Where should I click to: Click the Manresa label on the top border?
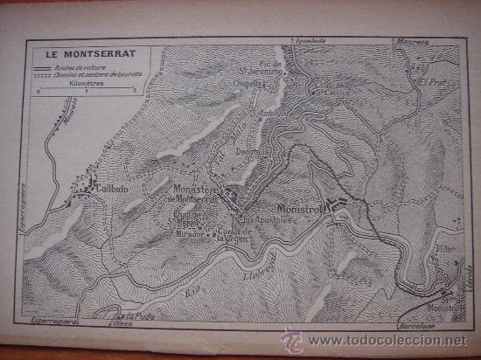tap(412, 41)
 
